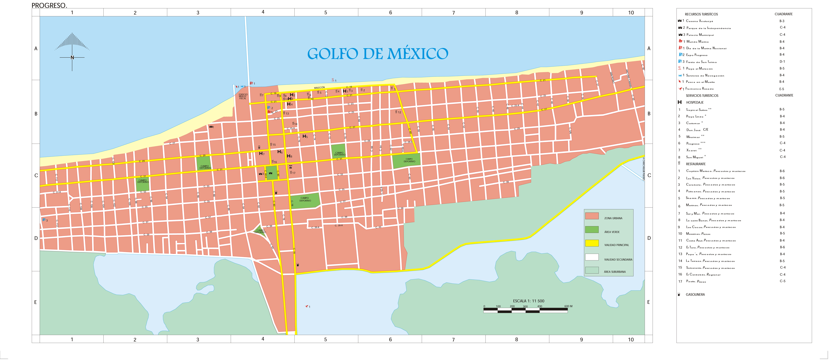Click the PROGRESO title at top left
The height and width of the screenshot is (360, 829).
49,5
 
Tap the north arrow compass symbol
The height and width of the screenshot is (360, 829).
72,51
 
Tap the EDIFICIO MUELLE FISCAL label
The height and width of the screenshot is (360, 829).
243,96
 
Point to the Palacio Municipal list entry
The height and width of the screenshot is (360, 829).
700,35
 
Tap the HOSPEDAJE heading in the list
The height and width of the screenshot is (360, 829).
695,102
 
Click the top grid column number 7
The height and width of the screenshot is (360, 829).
453,13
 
